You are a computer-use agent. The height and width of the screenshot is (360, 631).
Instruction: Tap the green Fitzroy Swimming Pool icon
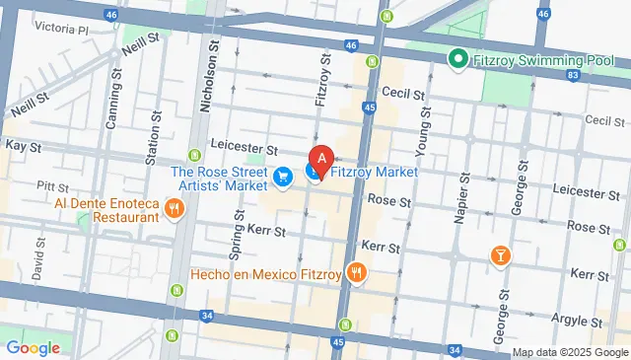[x=457, y=60]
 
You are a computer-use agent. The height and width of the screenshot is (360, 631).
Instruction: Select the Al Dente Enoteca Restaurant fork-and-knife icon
[x=175, y=207]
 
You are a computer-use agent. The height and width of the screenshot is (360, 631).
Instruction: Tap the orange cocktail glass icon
[x=501, y=255]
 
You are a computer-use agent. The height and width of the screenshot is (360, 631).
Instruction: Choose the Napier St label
[x=458, y=203]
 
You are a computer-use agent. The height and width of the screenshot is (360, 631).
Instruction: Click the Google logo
[x=33, y=347]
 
